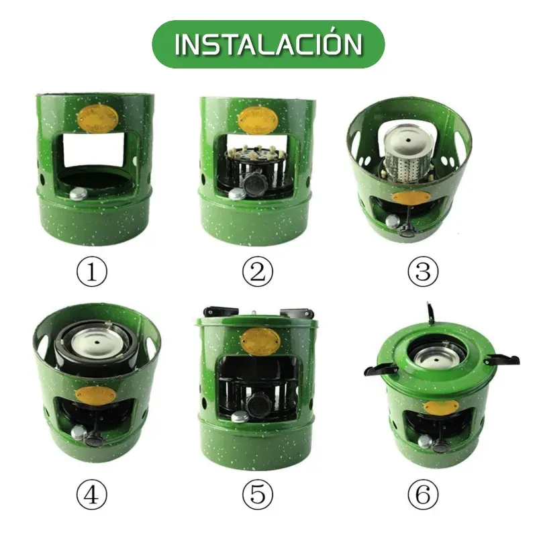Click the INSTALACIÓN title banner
pyautogui.click(x=268, y=44)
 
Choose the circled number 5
pyautogui.click(x=258, y=495)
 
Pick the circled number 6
pyautogui.click(x=423, y=495)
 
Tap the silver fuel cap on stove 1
pyautogui.click(x=78, y=194)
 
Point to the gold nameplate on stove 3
pyautogui.click(x=409, y=197)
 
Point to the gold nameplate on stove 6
pyautogui.click(x=441, y=407)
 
